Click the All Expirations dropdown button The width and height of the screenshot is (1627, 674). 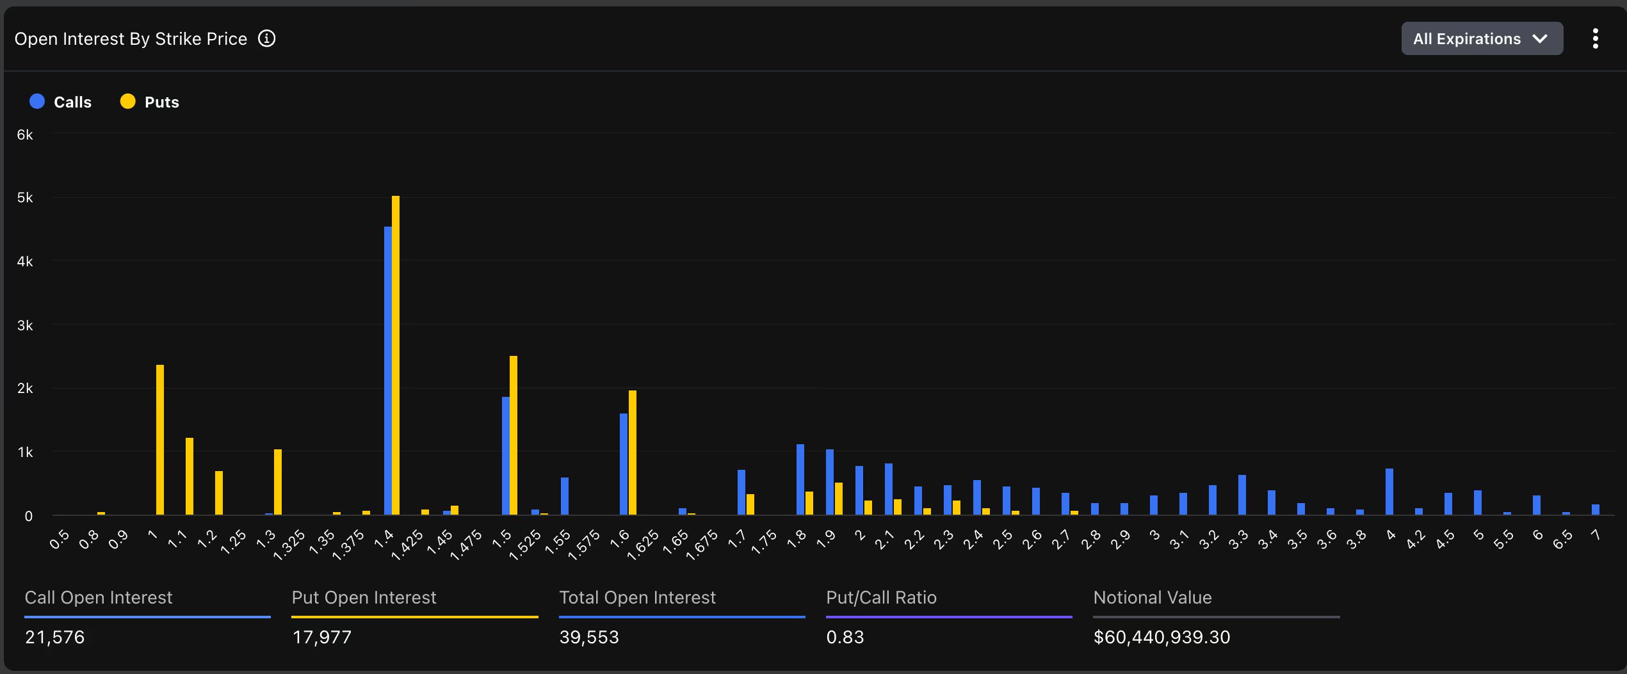click(1481, 38)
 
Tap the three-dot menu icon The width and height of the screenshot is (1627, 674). click(1595, 38)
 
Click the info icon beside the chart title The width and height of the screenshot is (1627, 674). click(266, 38)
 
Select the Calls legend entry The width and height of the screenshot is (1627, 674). click(61, 102)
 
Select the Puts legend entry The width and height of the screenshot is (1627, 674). click(150, 102)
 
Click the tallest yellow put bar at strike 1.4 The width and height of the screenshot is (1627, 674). click(396, 355)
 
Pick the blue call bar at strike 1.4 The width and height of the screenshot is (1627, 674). click(387, 371)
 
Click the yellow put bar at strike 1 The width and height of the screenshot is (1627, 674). click(160, 440)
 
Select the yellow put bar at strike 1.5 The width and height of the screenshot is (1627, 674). click(514, 435)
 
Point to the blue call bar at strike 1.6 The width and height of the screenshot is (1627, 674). click(624, 464)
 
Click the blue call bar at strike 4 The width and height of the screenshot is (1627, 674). click(1389, 492)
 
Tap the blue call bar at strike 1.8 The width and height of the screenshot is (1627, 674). click(800, 479)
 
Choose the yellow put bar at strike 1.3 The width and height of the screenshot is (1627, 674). click(278, 482)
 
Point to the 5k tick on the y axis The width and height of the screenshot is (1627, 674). click(25, 198)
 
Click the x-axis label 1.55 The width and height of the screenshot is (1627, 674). click(558, 541)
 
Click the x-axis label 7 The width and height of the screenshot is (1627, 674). click(1596, 535)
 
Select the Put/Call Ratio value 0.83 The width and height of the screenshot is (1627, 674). click(845, 637)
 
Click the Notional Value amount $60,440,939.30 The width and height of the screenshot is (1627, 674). click(1162, 637)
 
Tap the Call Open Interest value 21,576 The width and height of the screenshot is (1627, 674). click(54, 637)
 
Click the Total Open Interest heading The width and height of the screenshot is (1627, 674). click(637, 597)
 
